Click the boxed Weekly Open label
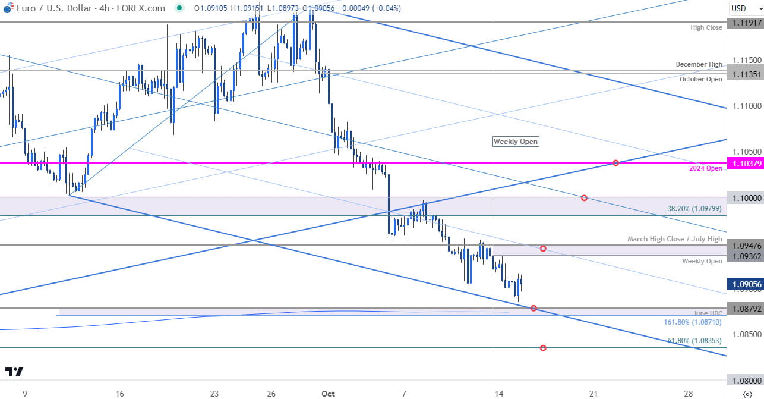(x=516, y=142)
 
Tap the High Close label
(x=706, y=27)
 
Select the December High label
(x=699, y=64)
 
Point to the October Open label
(x=701, y=79)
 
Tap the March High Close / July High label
(x=675, y=239)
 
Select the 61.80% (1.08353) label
(x=694, y=341)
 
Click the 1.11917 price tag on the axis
(x=746, y=23)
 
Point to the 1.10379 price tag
(x=746, y=163)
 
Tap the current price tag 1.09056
(x=746, y=284)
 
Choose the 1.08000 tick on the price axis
(x=746, y=381)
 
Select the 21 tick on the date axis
(x=593, y=393)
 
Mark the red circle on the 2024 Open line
(x=616, y=163)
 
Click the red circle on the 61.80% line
(x=543, y=348)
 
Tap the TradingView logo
(x=14, y=372)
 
